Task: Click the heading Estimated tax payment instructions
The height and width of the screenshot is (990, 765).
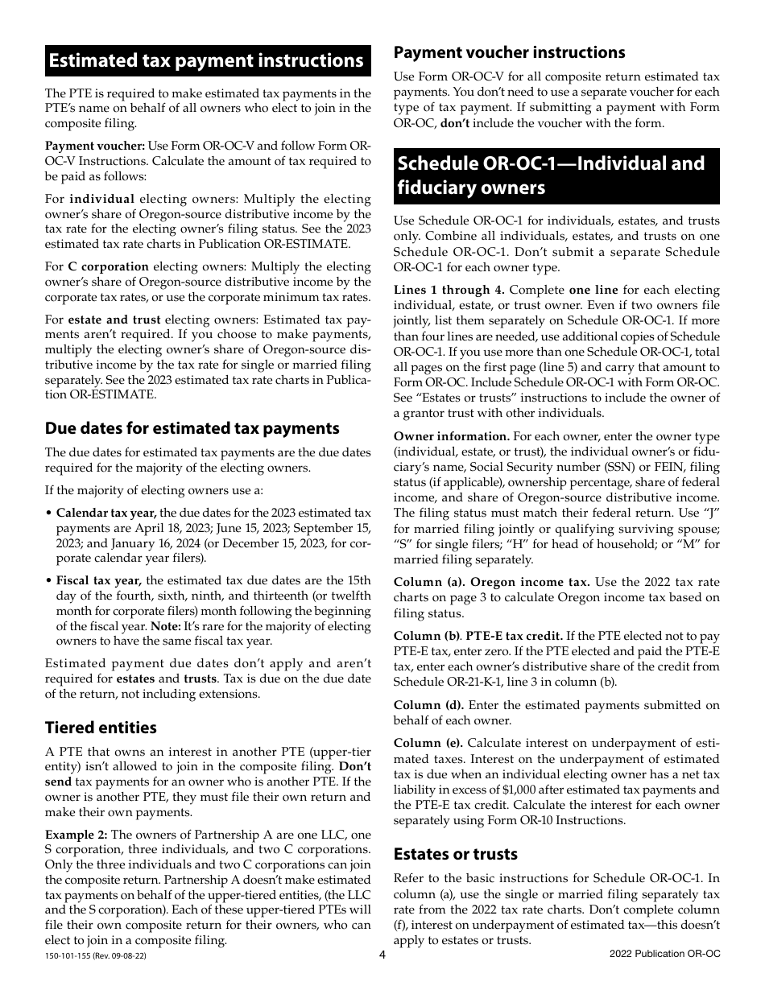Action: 206,61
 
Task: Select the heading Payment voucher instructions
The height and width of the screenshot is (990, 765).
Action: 509,52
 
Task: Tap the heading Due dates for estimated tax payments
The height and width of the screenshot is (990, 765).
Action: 192,428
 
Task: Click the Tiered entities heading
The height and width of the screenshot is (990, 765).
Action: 101,728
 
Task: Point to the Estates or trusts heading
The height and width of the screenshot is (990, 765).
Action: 455,854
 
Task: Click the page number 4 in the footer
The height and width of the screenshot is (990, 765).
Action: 383,955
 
